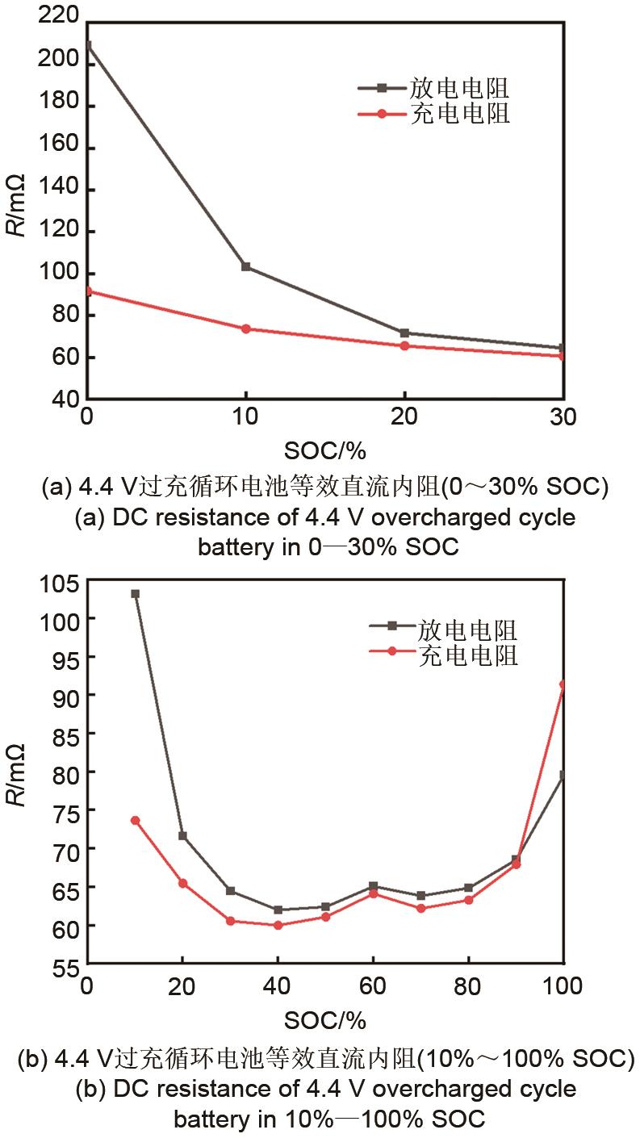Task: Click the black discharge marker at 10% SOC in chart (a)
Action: (245, 266)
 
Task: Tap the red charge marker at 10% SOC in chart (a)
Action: (245, 328)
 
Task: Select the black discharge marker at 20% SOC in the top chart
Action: (404, 333)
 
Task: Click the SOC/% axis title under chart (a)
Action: (325, 449)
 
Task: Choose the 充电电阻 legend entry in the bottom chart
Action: (468, 655)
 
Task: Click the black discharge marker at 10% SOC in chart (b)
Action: (136, 594)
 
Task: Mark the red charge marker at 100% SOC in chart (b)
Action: (563, 684)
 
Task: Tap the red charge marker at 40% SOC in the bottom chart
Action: (278, 925)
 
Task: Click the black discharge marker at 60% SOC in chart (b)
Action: (373, 886)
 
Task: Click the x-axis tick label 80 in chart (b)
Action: (468, 986)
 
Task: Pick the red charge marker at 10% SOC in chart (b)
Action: (136, 820)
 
